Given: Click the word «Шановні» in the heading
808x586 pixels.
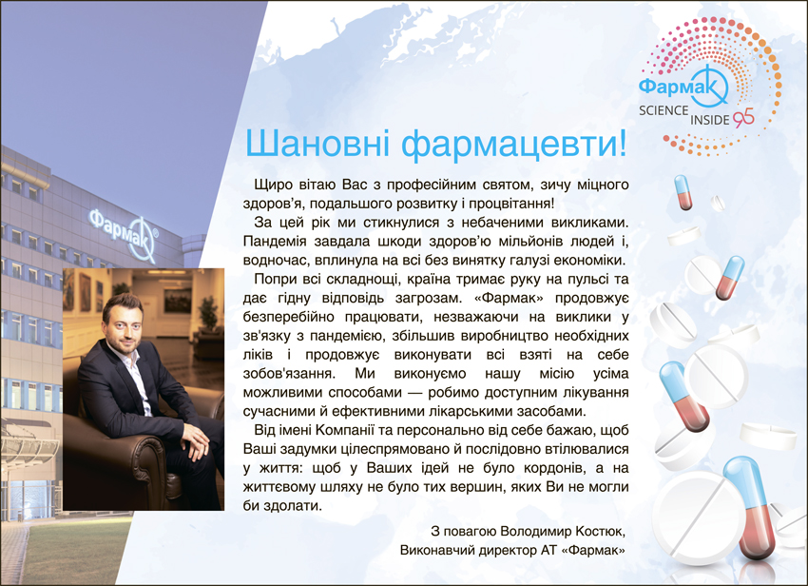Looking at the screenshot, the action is tap(317, 143).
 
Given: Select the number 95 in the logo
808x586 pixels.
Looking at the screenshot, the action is tap(743, 118).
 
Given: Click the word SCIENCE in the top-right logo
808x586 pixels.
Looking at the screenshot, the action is tap(664, 110).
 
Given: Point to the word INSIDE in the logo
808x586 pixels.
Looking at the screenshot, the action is tap(709, 120).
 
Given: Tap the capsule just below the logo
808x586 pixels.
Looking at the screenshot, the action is tap(683, 192).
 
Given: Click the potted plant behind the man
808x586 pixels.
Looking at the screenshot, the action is tap(208, 315).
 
